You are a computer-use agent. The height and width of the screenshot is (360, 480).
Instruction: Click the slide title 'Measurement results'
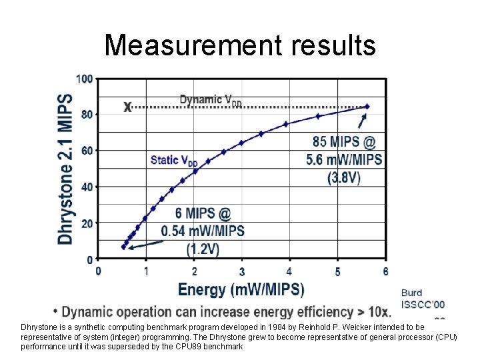[240, 45]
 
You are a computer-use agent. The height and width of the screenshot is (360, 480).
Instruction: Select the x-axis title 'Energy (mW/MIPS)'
[241, 289]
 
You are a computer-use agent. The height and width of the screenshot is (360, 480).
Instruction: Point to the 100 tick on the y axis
[85, 79]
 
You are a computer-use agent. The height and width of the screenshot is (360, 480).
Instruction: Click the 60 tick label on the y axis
[87, 151]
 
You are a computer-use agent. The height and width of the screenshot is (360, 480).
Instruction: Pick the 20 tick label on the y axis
[87, 223]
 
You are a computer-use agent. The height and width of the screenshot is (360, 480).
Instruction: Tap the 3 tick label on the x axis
[242, 271]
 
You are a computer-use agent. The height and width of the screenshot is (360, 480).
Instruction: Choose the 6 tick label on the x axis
[385, 271]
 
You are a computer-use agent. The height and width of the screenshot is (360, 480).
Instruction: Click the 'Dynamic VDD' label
[211, 100]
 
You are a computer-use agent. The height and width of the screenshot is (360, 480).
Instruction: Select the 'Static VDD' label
[174, 160]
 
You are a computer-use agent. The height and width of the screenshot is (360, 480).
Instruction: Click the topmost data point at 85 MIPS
[367, 107]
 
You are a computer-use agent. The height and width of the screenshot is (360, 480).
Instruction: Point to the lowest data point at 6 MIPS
[123, 247]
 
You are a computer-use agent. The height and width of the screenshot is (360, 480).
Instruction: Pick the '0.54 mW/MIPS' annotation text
[203, 231]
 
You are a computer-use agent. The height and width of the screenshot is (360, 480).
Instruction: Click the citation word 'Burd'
[411, 293]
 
